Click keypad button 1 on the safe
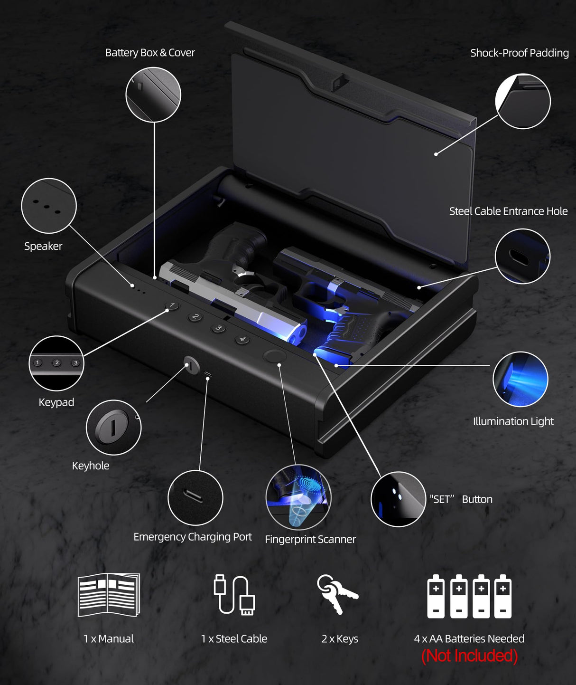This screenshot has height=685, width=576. click(x=172, y=305)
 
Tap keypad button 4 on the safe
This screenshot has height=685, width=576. click(x=242, y=339)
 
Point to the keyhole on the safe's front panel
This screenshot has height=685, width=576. click(x=191, y=365)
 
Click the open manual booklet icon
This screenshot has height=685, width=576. click(x=109, y=595)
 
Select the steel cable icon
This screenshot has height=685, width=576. click(x=234, y=595)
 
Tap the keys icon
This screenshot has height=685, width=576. click(x=337, y=594)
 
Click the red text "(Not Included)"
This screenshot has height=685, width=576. click(x=469, y=656)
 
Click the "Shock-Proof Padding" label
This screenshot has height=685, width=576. click(x=519, y=53)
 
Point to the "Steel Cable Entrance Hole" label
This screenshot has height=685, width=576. click(x=508, y=211)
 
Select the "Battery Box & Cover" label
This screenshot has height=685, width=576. click(x=150, y=53)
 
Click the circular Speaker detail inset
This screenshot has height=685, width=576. click(x=49, y=206)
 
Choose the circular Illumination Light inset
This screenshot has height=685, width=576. click(x=520, y=379)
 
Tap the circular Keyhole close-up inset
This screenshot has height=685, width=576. click(x=113, y=428)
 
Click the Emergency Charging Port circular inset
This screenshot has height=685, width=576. click(x=195, y=497)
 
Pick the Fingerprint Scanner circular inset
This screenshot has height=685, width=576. click(x=298, y=497)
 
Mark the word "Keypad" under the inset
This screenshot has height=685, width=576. click(x=56, y=402)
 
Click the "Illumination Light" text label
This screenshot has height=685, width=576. click(x=513, y=421)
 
